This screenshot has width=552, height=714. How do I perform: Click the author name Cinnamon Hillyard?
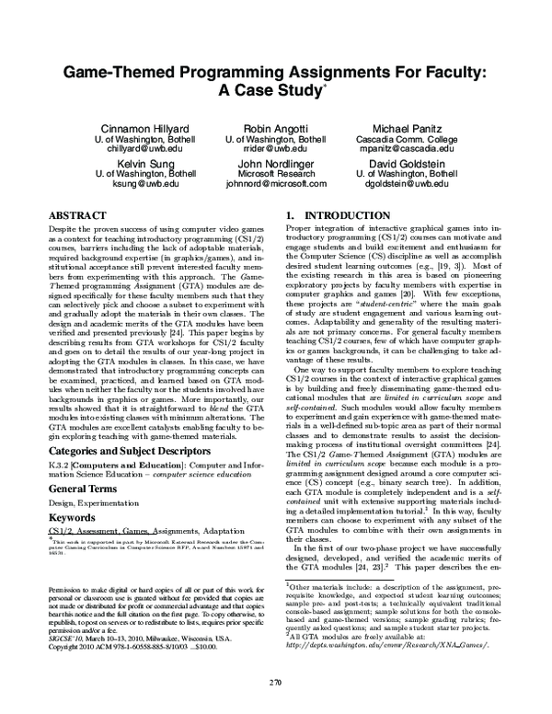pos(146,126)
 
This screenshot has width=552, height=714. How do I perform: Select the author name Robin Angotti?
pos(275,126)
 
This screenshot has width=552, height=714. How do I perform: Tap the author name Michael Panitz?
pos(407,126)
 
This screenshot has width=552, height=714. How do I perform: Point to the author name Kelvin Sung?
pos(146,160)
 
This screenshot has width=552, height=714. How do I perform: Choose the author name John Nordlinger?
pos(276,160)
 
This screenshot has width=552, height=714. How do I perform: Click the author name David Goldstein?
pos(407,160)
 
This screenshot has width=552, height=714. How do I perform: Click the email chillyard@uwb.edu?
pos(146,148)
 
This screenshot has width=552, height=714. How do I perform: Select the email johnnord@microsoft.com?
pos(276,183)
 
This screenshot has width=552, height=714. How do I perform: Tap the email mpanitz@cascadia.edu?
pos(407,148)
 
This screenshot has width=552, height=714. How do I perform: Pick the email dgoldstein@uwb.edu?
pos(407,183)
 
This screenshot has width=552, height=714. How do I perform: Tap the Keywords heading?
pos(75,494)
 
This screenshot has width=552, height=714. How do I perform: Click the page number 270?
pos(275,682)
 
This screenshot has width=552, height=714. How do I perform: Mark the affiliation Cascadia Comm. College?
pos(407,137)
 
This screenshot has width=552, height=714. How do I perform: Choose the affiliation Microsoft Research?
pos(276,172)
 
